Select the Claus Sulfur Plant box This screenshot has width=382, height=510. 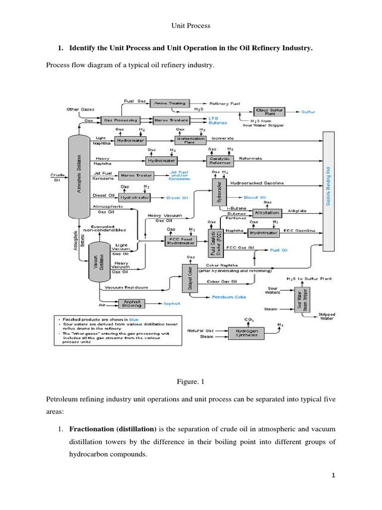point(268,112)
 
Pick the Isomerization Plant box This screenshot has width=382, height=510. point(187,141)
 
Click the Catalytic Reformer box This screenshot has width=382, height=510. point(219,160)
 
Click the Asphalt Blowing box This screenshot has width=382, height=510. point(131,303)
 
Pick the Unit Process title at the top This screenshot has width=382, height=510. point(191,25)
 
